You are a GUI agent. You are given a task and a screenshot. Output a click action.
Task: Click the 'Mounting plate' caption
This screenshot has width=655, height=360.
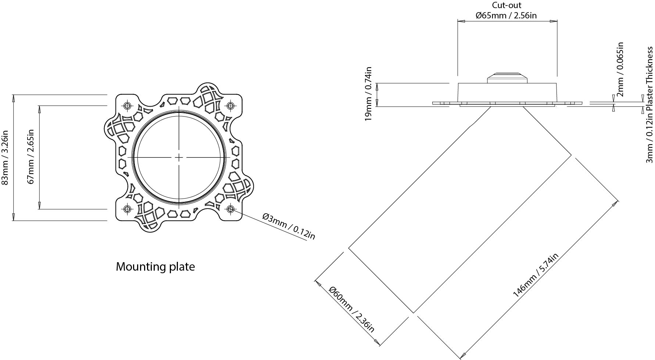(155, 267)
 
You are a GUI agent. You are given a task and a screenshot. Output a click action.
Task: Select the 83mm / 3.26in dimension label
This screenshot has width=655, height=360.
(6, 157)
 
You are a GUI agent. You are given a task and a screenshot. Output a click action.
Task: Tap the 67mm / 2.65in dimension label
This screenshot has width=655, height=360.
(31, 157)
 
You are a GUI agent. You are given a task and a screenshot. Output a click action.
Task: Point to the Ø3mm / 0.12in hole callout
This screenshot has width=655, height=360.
(289, 226)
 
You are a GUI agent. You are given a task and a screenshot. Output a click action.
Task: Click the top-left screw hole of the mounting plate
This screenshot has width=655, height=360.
(128, 106)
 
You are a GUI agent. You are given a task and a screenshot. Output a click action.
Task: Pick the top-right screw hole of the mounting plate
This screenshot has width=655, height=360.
(230, 106)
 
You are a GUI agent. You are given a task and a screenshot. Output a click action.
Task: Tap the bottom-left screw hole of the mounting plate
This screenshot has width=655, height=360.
(128, 209)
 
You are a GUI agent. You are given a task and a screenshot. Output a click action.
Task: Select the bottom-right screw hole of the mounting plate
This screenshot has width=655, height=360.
(230, 209)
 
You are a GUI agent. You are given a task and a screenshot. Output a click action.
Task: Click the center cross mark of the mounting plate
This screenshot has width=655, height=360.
(179, 157)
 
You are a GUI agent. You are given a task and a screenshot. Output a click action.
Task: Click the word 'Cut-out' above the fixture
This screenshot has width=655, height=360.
(507, 5)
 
